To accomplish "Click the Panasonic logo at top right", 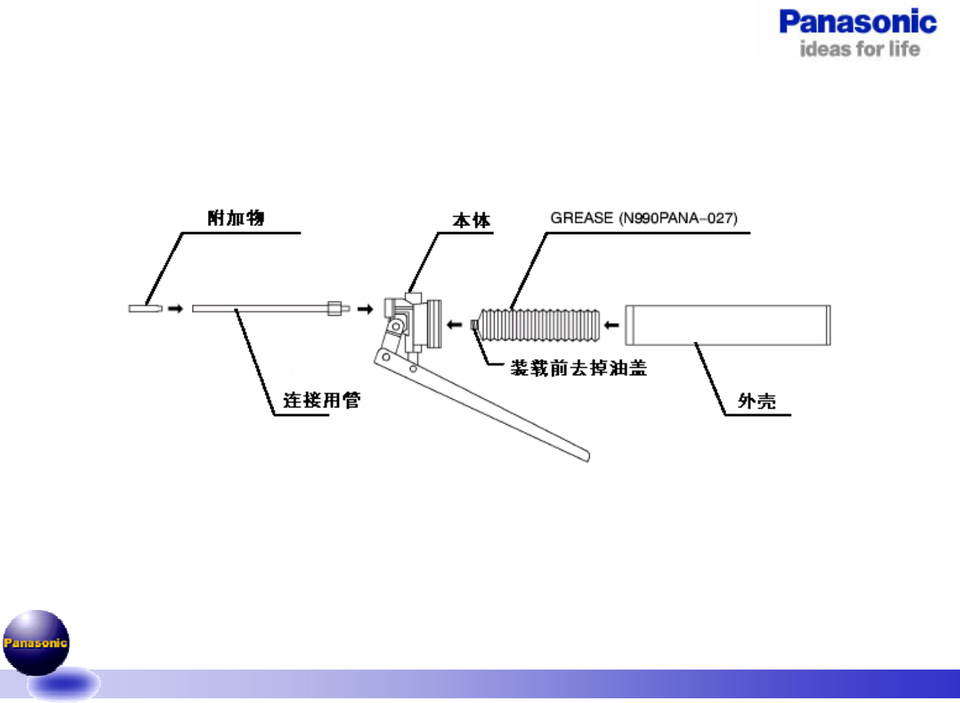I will pos(858,22).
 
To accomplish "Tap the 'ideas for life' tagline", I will pos(860,49).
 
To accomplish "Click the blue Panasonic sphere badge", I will pos(36,643).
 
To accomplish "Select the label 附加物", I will pos(236,218).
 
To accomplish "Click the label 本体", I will pos(471,220).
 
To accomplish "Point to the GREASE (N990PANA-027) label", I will pos(644,218).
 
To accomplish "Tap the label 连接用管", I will pos(322,400).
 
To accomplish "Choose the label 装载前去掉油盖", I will pos(578,368).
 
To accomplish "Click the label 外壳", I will pos(757,401).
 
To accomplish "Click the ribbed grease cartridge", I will pos(540,325).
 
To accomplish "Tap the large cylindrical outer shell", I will pos(727,325).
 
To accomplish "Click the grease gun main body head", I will pos(415,321).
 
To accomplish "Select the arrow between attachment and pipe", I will pos(175,308).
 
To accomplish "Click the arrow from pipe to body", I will pos(365,309).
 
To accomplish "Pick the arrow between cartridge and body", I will pos(455,325).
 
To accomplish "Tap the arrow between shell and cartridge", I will pos(611,325).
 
